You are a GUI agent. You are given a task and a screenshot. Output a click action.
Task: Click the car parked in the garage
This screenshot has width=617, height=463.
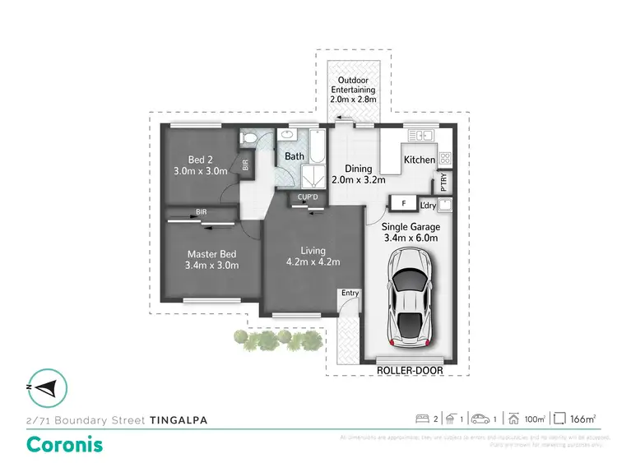coord(409,300)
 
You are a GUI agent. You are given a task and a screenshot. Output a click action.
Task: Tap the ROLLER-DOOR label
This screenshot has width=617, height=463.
coord(409,371)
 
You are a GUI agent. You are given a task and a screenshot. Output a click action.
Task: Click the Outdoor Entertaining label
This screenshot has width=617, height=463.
coord(353,90)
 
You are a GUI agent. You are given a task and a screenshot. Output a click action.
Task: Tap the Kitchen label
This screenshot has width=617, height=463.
coord(419,160)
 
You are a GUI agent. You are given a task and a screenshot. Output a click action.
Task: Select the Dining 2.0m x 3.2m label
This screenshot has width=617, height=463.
coord(358,174)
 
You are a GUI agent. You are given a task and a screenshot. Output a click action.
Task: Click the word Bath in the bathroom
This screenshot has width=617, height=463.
coord(295,155)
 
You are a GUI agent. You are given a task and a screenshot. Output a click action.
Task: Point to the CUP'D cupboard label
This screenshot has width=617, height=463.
coord(308,197)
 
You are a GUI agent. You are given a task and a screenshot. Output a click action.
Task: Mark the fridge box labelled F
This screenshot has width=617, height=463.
coord(403,203)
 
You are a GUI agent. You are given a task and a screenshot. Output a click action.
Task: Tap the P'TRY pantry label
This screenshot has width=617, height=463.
coord(443,181)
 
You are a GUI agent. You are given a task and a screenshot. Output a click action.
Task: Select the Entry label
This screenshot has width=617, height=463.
coord(350,293)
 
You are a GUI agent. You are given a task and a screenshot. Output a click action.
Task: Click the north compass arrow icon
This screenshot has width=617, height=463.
coord(48,387)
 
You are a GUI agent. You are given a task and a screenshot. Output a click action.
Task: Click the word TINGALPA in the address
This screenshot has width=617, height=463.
coord(179,419)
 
